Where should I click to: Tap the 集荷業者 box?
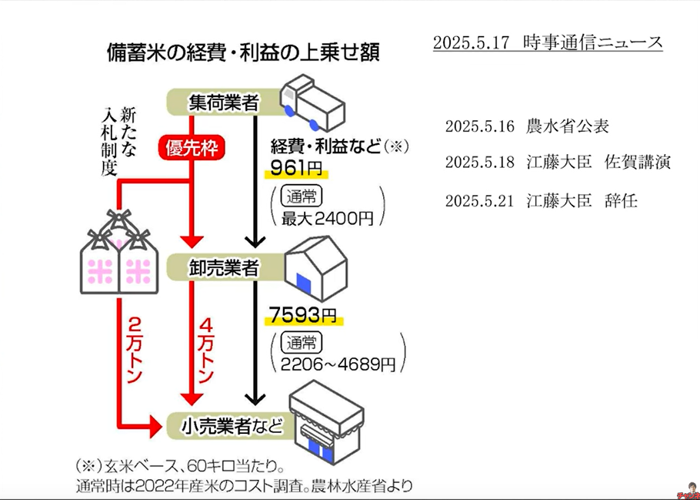[223, 102]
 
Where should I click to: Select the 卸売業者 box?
[223, 267]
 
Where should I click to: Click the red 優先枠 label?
[191, 147]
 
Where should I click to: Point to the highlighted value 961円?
[295, 169]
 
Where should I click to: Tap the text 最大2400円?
[327, 218]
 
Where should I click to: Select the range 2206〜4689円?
[338, 362]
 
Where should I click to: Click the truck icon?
[313, 102]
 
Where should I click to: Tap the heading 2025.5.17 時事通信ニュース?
[547, 42]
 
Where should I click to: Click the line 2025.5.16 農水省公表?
[527, 126]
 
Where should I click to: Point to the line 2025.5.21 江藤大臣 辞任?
[541, 201]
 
